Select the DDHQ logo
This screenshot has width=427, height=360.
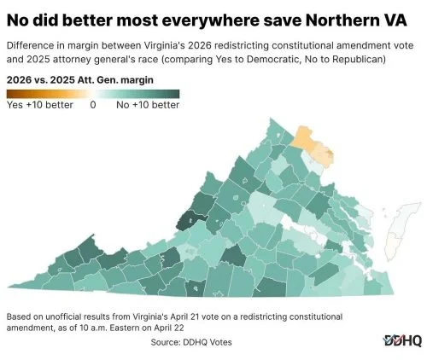pos(401,340)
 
